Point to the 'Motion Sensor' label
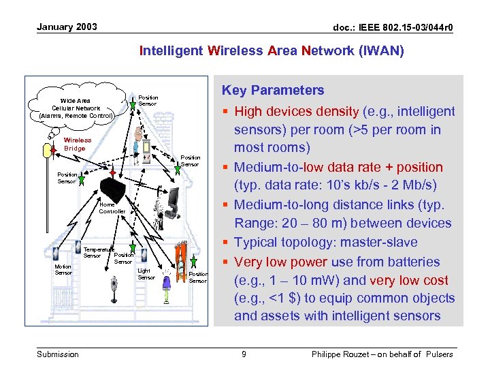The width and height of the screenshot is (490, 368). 63,269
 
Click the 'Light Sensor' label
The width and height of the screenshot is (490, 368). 146,274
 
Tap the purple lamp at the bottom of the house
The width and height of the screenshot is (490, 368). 167,294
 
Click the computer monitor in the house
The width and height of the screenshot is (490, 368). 174,198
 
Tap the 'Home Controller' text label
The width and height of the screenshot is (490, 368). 112,208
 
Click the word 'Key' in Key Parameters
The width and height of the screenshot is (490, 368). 235,90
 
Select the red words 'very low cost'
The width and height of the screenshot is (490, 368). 417,280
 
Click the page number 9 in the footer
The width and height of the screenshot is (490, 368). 244,354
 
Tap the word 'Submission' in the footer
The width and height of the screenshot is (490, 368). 58,354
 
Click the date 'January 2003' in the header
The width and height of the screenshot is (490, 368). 67,27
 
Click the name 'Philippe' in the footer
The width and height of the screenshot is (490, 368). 330,354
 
